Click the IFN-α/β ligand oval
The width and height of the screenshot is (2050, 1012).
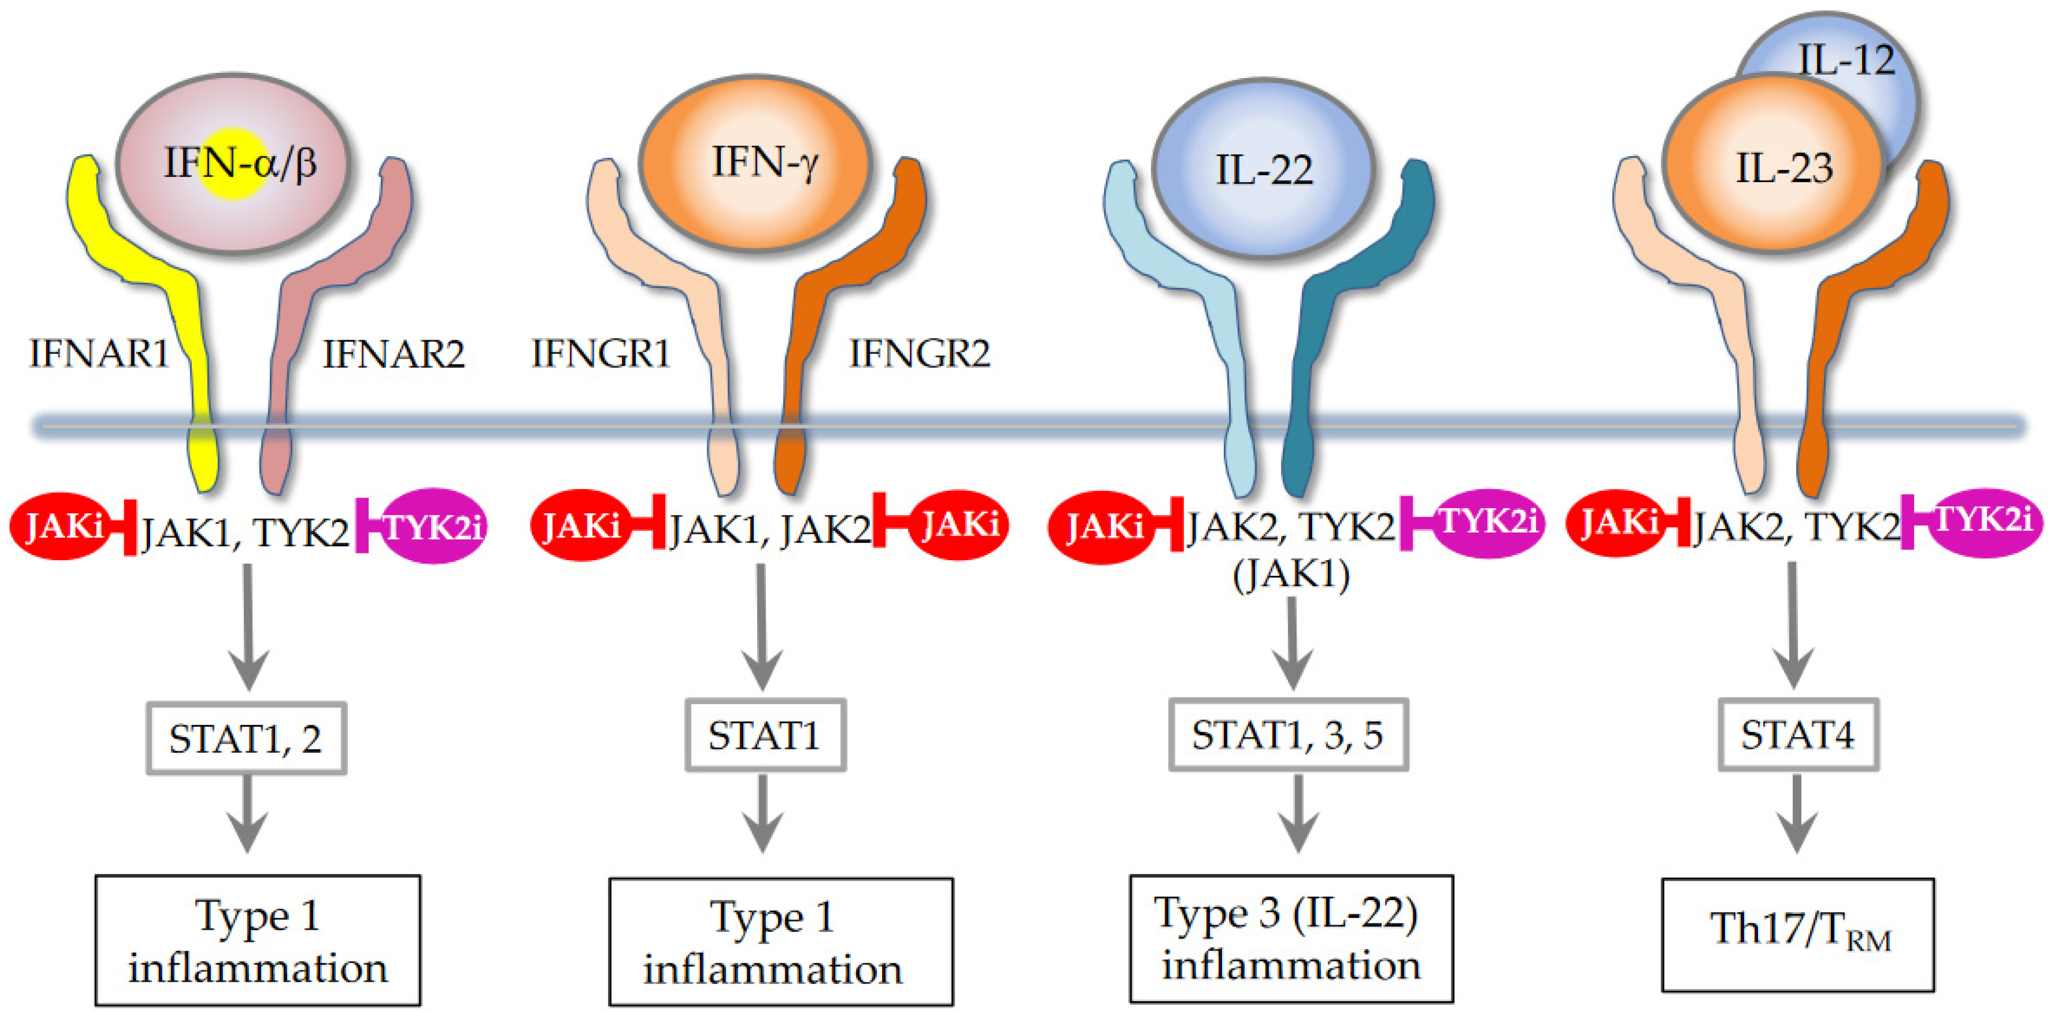click(232, 163)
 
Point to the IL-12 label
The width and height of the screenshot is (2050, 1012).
click(1846, 60)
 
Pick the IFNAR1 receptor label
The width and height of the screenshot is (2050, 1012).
click(99, 354)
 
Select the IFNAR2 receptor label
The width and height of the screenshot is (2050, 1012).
click(393, 354)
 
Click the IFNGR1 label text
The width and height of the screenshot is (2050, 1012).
click(601, 354)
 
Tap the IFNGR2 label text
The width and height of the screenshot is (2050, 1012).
click(919, 354)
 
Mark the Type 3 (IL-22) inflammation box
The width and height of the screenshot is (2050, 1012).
click(1291, 938)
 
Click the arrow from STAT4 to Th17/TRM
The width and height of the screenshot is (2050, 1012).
click(1797, 816)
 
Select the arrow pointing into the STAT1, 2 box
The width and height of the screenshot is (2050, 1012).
click(248, 628)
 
